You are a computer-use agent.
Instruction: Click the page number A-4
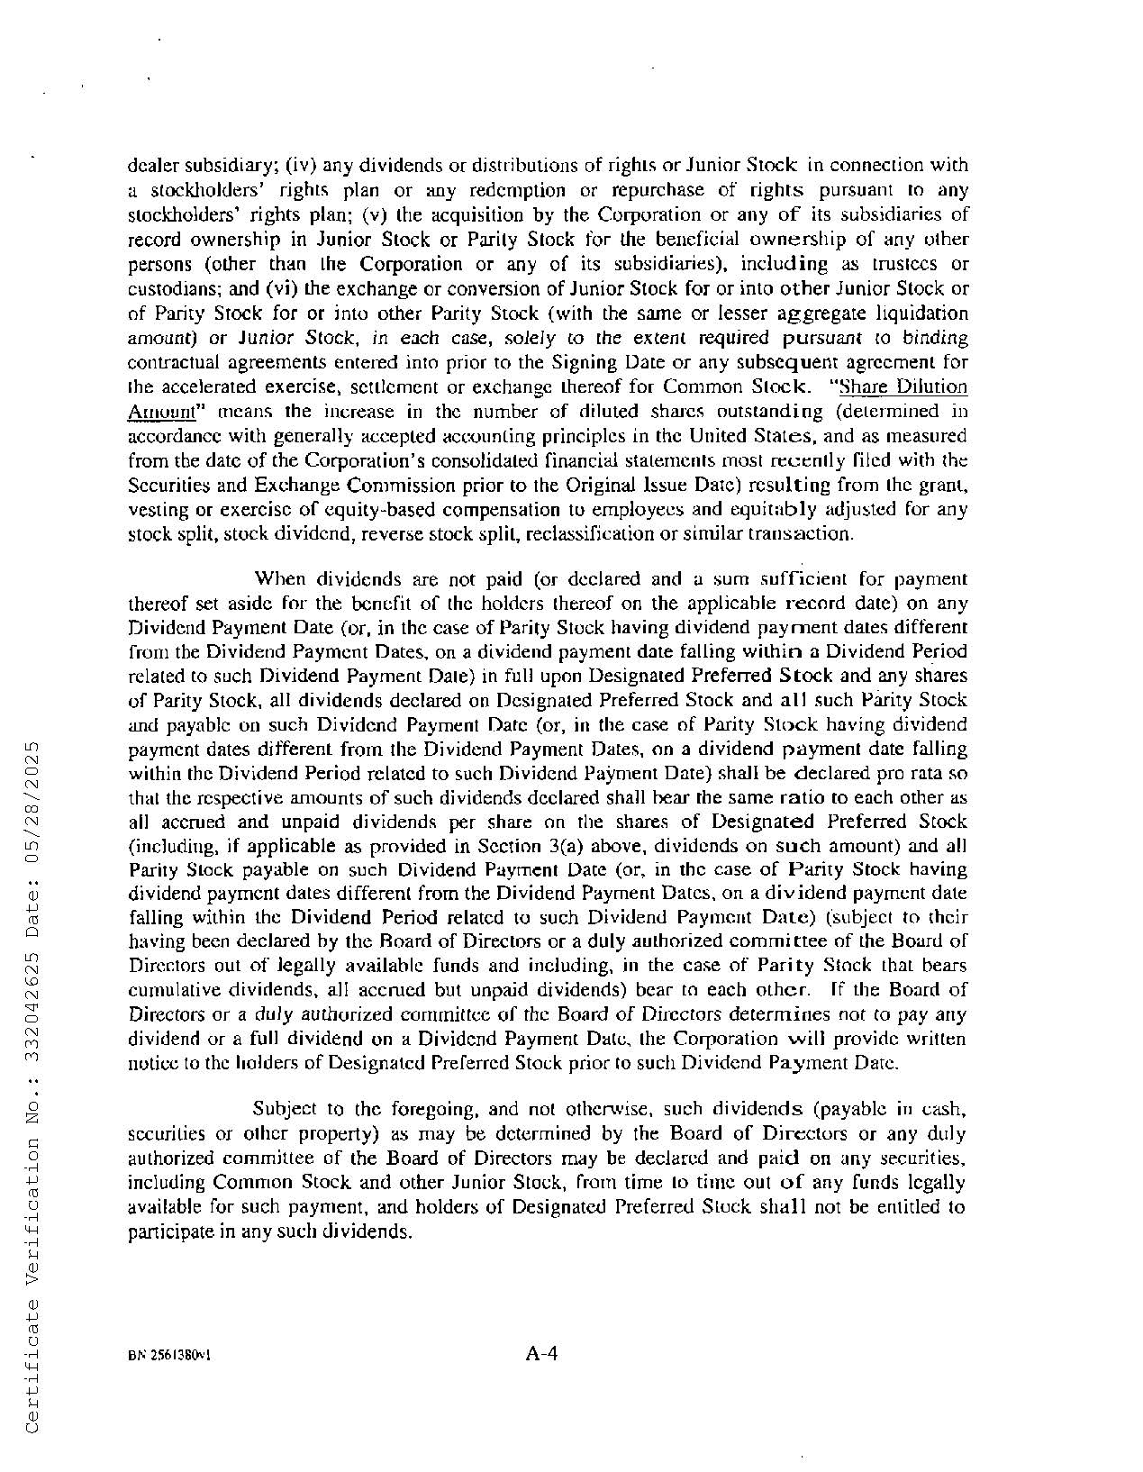tap(543, 1353)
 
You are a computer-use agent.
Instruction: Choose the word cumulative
tap(171, 990)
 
